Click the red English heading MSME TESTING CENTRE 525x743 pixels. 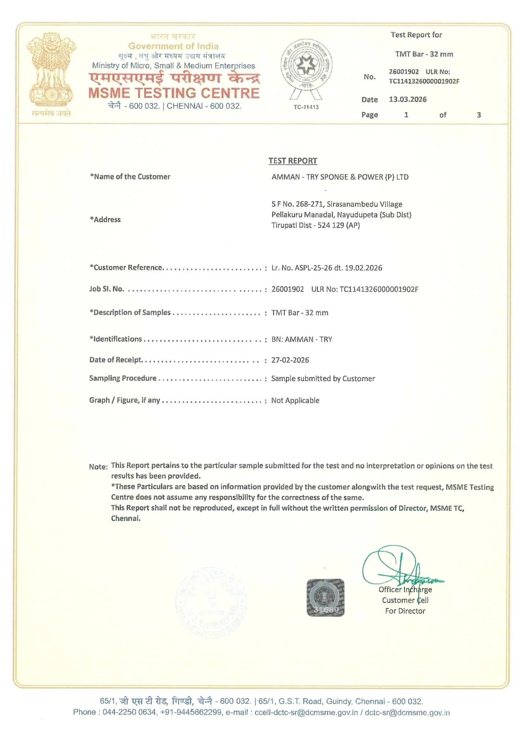[x=174, y=93]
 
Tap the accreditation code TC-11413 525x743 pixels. [x=306, y=107]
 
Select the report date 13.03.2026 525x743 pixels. [x=407, y=99]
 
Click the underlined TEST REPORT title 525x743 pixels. [x=293, y=161]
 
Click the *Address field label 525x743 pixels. [x=105, y=219]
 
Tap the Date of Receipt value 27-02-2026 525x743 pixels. [x=290, y=360]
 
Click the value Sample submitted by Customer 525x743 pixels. [x=323, y=378]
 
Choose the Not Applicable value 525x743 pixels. [x=295, y=401]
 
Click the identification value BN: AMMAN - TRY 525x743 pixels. [x=301, y=339]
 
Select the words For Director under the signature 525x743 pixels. [x=405, y=611]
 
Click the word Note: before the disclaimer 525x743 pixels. [x=98, y=467]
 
